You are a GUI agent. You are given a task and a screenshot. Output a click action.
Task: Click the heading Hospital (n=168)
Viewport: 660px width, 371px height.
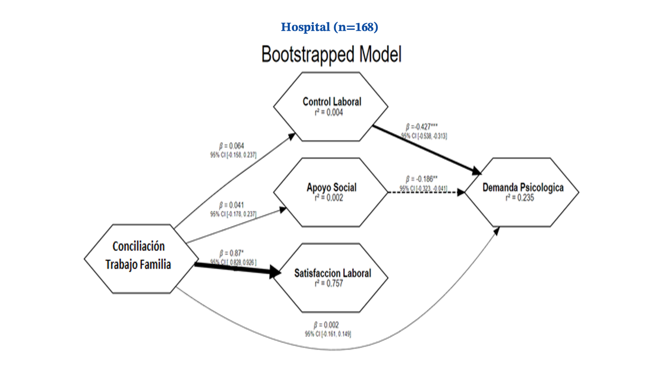coord(330,27)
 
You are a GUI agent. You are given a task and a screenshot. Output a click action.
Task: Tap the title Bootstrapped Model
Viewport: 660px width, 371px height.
coord(331,54)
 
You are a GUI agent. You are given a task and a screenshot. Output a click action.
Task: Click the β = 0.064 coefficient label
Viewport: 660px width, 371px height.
coord(231,146)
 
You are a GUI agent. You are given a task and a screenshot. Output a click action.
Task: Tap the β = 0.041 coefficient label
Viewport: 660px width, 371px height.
coord(231,205)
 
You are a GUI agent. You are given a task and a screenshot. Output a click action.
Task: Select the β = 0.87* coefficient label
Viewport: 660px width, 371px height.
coord(232,253)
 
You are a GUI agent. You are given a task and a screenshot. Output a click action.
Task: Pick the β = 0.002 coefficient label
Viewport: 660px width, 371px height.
coord(326,325)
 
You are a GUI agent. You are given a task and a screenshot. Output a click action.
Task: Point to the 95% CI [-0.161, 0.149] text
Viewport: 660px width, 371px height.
coord(328,334)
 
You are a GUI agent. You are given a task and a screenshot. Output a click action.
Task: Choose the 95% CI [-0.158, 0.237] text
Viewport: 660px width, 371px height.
coord(233,155)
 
